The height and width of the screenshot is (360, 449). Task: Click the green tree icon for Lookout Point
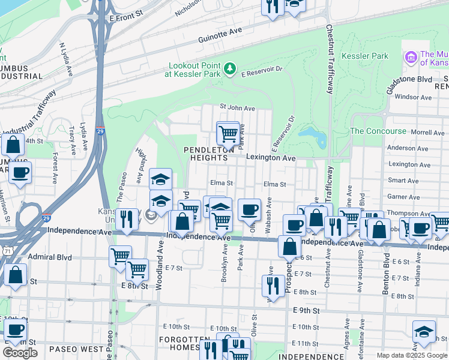229,70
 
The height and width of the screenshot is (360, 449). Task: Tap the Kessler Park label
364,56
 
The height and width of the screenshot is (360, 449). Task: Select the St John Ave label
237,108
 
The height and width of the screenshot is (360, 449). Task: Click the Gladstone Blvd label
409,79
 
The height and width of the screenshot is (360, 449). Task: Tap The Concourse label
378,131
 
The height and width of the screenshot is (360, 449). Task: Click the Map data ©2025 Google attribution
411,355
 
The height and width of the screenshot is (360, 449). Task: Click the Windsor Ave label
414,97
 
